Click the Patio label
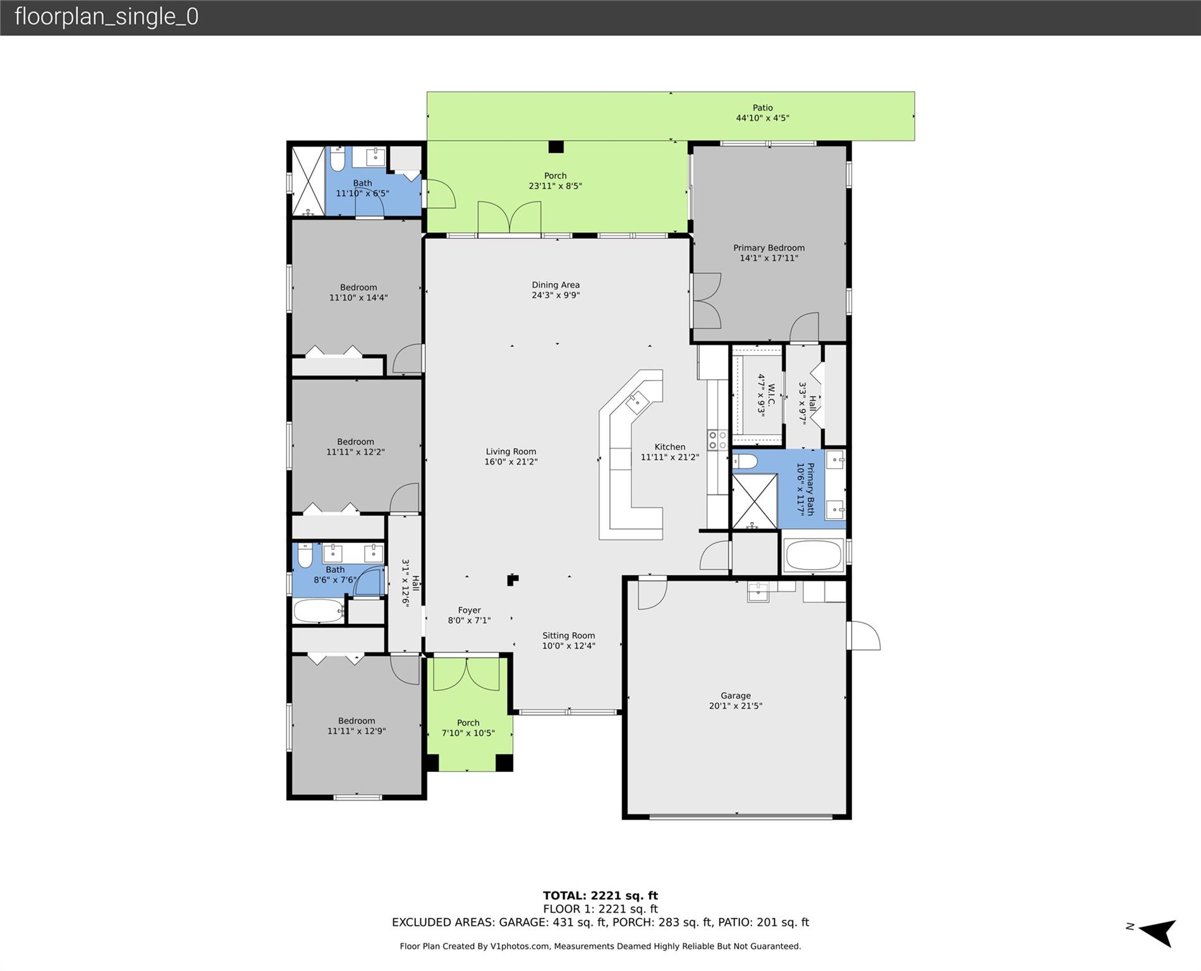click(762, 108)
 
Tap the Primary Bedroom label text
click(769, 248)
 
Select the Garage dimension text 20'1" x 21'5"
click(736, 705)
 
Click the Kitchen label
click(670, 446)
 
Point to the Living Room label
click(511, 451)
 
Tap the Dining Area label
click(556, 285)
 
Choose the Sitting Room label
click(569, 635)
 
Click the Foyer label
click(470, 610)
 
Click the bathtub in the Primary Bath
click(814, 555)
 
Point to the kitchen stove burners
click(717, 440)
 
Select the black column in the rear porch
click(556, 147)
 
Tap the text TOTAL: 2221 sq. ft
click(600, 895)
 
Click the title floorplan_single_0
click(106, 16)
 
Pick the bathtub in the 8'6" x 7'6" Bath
click(319, 611)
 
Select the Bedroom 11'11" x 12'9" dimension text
click(357, 731)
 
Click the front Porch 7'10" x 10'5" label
click(468, 728)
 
